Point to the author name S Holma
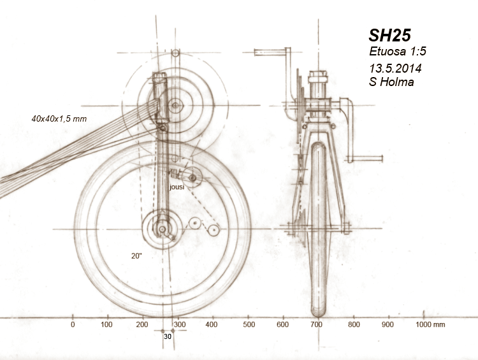[x=391, y=82]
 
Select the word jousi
[x=177, y=188]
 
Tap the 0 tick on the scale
[x=73, y=325]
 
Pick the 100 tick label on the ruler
[x=108, y=325]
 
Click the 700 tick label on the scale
[x=317, y=325]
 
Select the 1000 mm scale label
[x=430, y=325]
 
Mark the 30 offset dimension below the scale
[x=168, y=336]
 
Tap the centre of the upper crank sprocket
[x=174, y=104]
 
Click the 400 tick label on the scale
[x=213, y=325]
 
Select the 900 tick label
[x=387, y=325]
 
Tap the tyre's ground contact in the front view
[x=318, y=314]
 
